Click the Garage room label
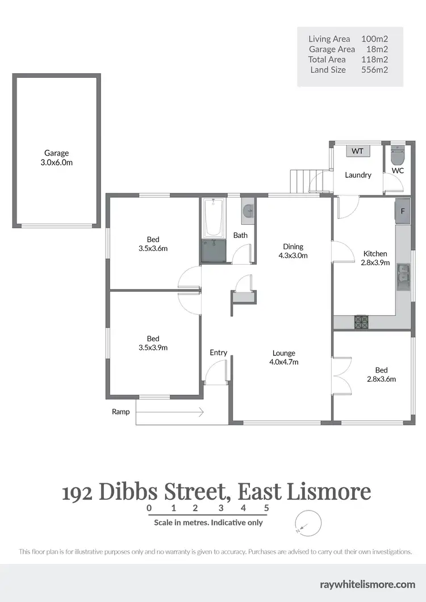click(x=57, y=157)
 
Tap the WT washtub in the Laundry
click(x=358, y=150)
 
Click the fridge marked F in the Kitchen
click(x=403, y=211)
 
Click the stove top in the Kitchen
click(x=362, y=323)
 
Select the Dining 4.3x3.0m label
click(x=293, y=251)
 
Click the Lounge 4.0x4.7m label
click(x=284, y=357)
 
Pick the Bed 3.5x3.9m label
click(x=153, y=343)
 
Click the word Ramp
click(x=120, y=412)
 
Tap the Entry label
click(x=218, y=353)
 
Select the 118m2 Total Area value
click(x=374, y=60)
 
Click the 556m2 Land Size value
click(x=374, y=70)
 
